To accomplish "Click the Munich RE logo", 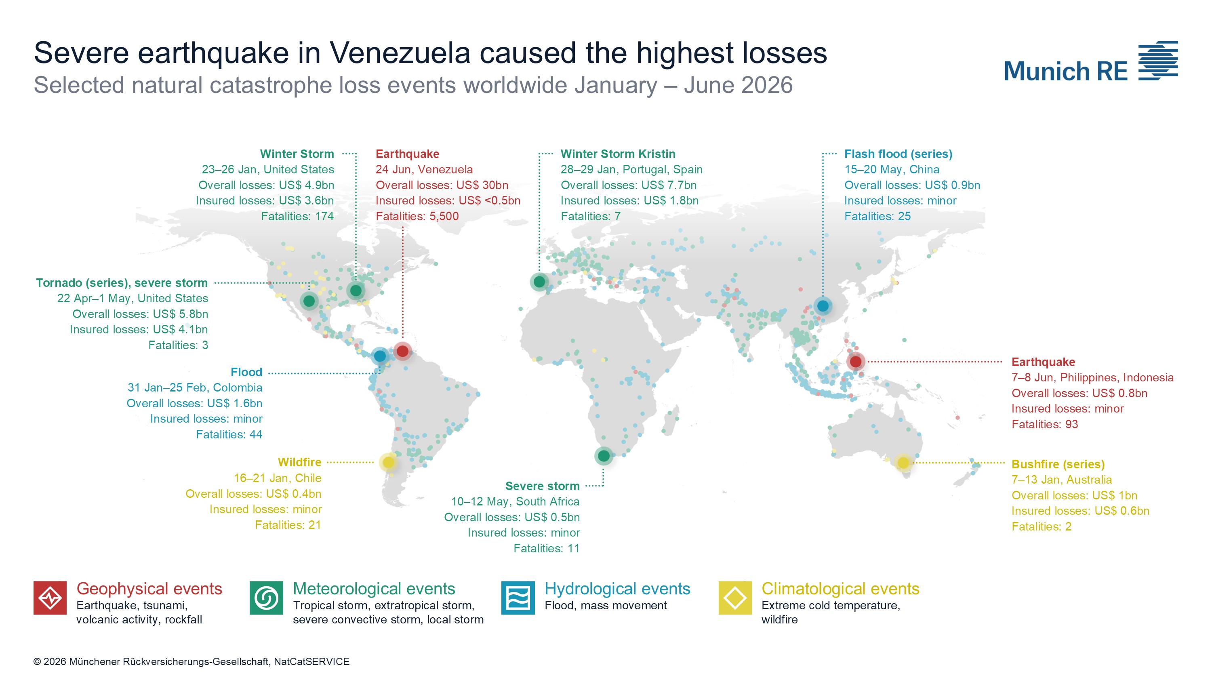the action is (x=1091, y=62).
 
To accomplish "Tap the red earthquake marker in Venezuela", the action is (x=402, y=351).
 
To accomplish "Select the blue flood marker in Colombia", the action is (x=380, y=356).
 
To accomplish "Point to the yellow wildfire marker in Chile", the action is (x=389, y=463).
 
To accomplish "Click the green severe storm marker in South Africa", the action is (x=604, y=456).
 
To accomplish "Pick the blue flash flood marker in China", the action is (x=823, y=306).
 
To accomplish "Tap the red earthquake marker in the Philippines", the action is (x=856, y=362).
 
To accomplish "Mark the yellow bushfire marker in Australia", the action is (x=903, y=463).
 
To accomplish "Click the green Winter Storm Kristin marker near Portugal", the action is (x=539, y=282).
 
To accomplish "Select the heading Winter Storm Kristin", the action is (x=618, y=154).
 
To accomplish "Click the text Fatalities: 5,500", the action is (x=417, y=217).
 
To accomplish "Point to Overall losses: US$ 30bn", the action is (x=442, y=185).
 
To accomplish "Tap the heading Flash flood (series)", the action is (x=898, y=154).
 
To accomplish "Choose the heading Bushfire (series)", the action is (x=1058, y=464).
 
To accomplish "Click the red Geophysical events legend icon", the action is (x=50, y=598).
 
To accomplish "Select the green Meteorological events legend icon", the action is (x=266, y=598).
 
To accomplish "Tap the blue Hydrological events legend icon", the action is (x=518, y=598).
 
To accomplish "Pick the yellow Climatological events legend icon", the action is (x=735, y=598).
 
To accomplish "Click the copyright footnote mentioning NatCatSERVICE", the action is (x=191, y=661).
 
